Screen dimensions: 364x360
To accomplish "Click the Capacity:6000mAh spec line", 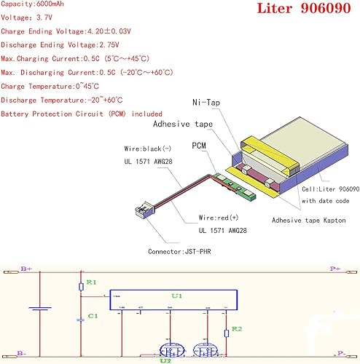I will [x=35, y=4].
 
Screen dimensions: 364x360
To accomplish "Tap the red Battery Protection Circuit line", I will [x=82, y=114].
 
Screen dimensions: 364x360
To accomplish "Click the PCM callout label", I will [x=200, y=146].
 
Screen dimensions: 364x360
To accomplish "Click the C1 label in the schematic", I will [x=92, y=315].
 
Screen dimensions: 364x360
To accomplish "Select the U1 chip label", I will [x=176, y=297].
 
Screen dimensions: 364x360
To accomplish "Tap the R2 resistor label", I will [x=237, y=330].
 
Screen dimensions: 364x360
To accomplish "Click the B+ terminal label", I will [x=26, y=269].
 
